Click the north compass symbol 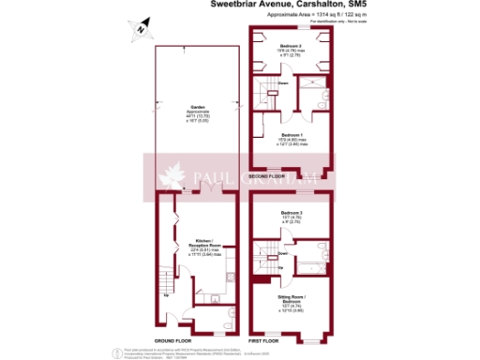click(x=139, y=30)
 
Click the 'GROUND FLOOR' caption click(x=176, y=339)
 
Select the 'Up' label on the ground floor click(x=166, y=296)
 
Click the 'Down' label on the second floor click(x=283, y=83)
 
